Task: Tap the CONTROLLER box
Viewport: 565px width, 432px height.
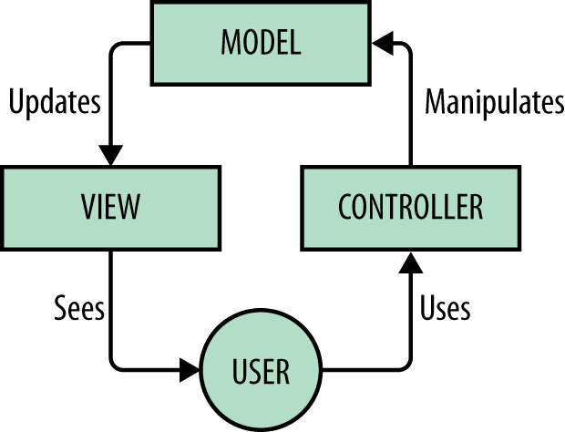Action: pyautogui.click(x=410, y=207)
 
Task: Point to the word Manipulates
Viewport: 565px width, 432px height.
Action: pyautogui.click(x=495, y=103)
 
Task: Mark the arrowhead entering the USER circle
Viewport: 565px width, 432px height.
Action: pyautogui.click(x=189, y=370)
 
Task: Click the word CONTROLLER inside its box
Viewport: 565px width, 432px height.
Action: pyautogui.click(x=410, y=207)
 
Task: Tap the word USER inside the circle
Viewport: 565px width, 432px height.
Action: pyautogui.click(x=261, y=371)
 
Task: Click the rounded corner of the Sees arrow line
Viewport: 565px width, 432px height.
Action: pyautogui.click(x=118, y=365)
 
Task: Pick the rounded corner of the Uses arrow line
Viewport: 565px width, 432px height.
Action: pyautogui.click(x=406, y=365)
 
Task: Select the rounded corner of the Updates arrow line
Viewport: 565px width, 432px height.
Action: pyautogui.click(x=118, y=46)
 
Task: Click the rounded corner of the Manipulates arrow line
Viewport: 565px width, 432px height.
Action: pyautogui.click(x=406, y=46)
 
